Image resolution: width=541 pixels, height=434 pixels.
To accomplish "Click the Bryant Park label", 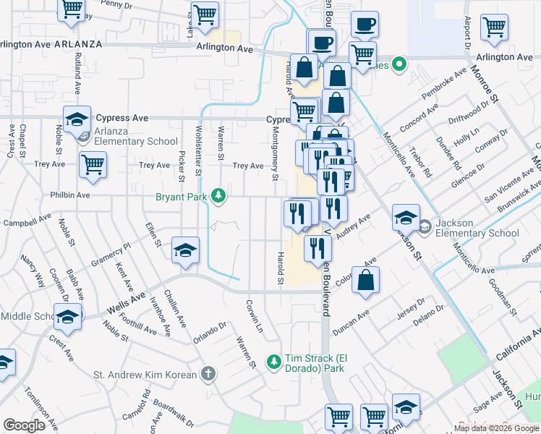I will (181, 196).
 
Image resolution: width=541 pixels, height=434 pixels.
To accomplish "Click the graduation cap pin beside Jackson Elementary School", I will (406, 217).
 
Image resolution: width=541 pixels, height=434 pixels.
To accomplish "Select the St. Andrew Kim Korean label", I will (145, 375).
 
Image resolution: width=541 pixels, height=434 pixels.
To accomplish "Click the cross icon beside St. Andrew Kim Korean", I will (208, 374).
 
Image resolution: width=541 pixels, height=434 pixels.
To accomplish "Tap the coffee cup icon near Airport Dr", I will (365, 23).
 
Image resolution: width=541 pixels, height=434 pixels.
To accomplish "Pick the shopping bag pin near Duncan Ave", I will (367, 280).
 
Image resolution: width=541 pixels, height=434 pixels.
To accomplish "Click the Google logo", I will (24, 425).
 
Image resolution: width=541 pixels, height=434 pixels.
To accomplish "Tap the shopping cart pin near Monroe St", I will (495, 27).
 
